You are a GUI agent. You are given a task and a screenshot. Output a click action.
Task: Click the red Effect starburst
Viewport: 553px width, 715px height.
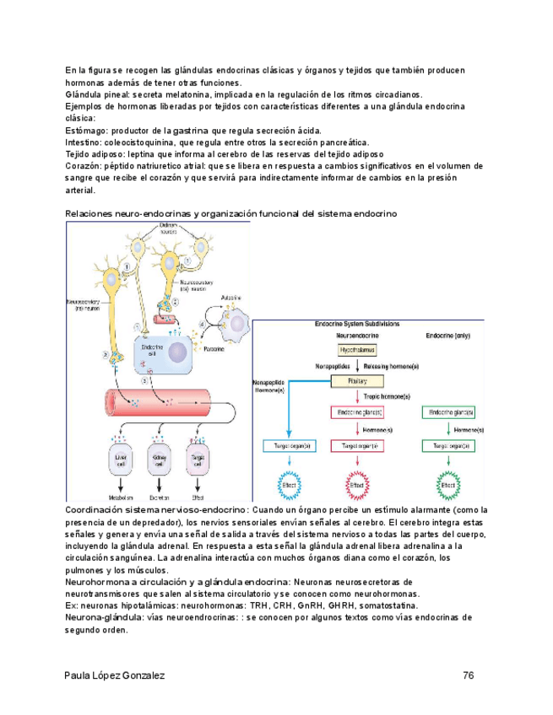pos(359,487)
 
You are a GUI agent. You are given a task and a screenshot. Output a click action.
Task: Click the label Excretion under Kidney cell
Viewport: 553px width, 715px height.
pos(158,498)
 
